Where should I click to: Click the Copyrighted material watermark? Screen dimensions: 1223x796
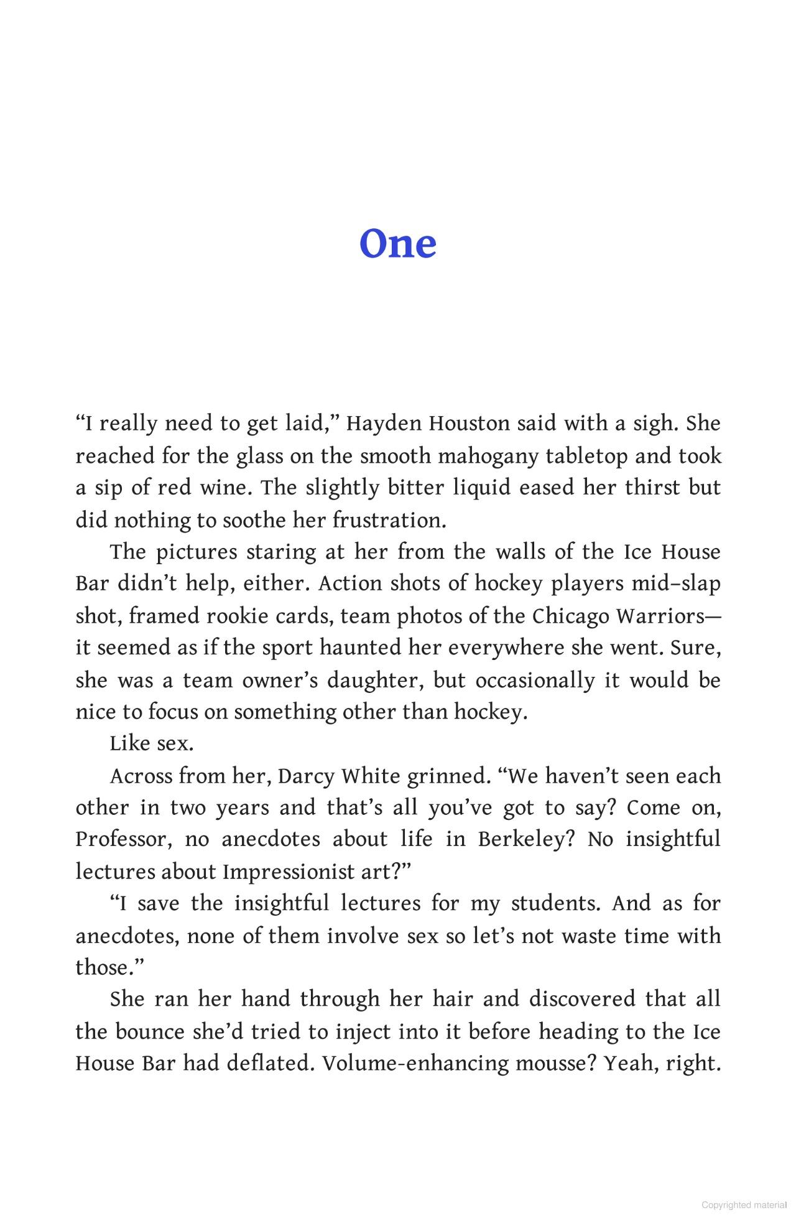[x=744, y=1205]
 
